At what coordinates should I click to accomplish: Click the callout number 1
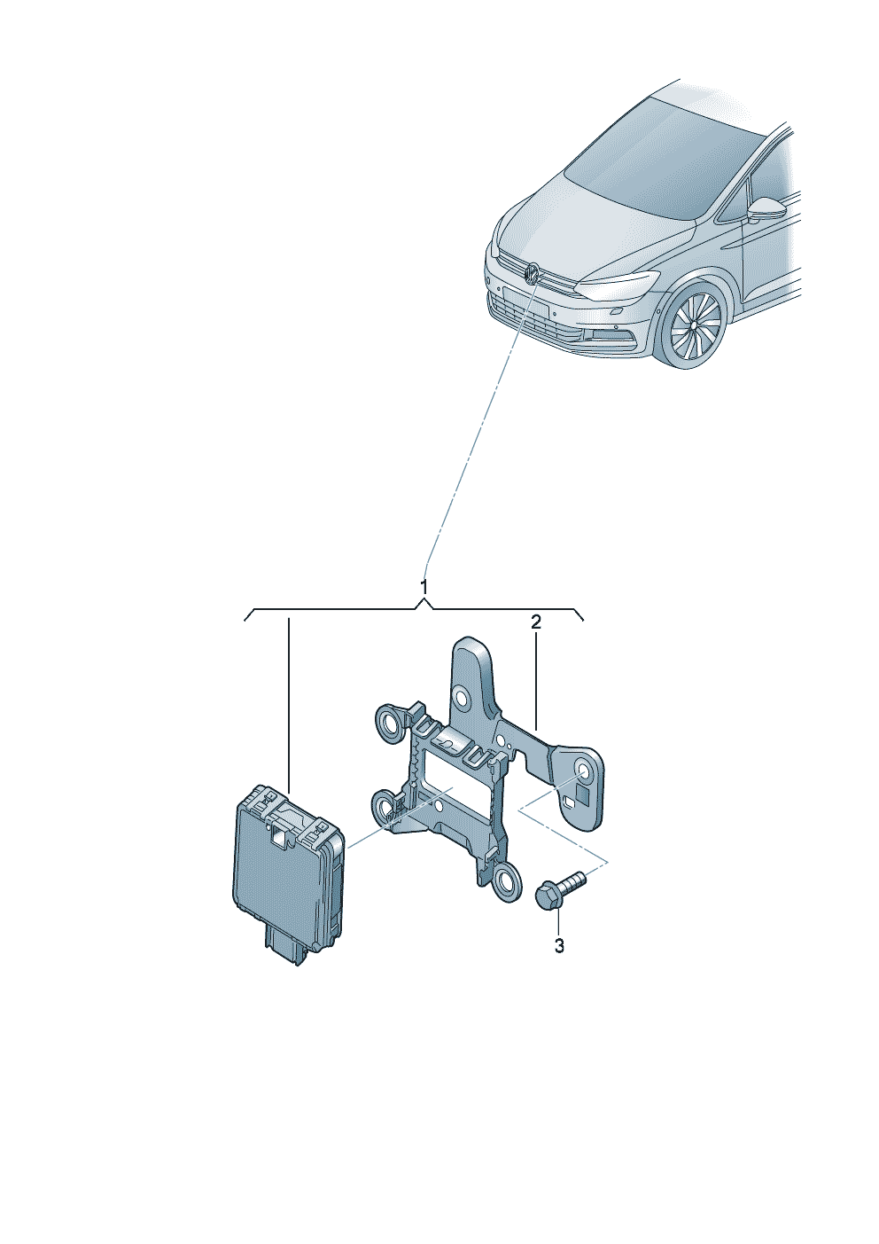pyautogui.click(x=424, y=587)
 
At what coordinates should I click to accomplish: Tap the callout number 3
pyautogui.click(x=559, y=946)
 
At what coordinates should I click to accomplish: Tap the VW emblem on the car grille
pyautogui.click(x=532, y=273)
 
